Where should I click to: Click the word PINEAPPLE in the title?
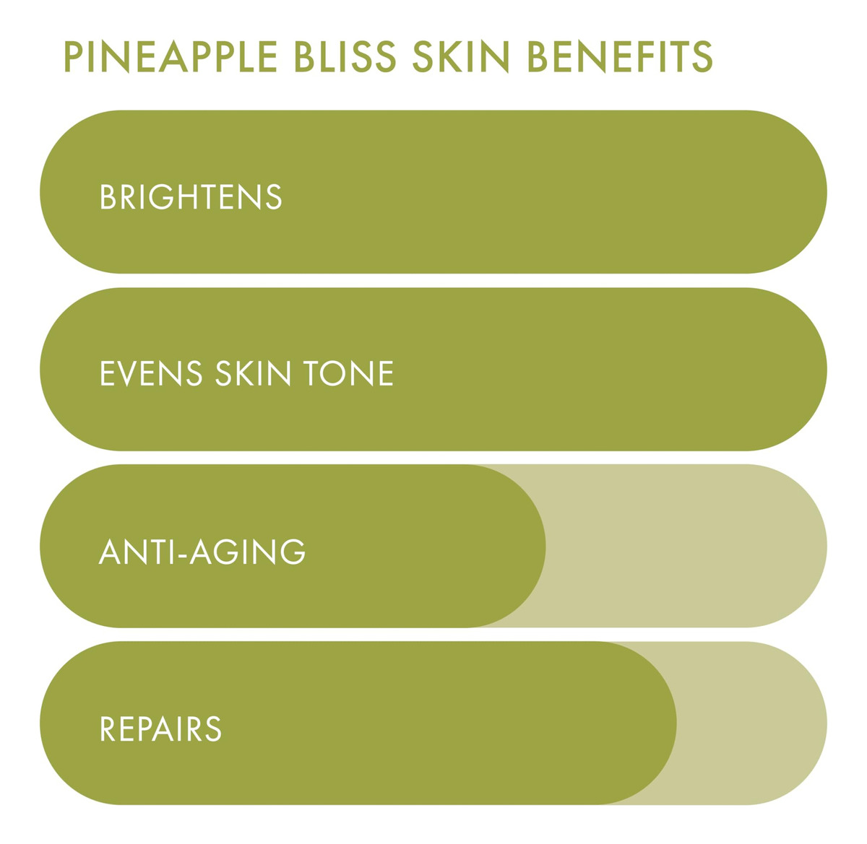click(171, 56)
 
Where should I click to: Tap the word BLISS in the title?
click(345, 56)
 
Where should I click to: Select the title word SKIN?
click(461, 56)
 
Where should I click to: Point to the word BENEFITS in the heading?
click(620, 56)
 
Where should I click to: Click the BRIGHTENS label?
click(191, 197)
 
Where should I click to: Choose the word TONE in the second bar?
click(348, 373)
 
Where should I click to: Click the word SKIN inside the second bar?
click(253, 373)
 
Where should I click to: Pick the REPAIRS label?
click(160, 728)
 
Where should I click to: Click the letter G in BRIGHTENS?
click(161, 197)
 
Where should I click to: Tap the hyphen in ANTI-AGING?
click(181, 554)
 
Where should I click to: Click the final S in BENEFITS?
click(702, 56)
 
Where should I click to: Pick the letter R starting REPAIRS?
click(108, 728)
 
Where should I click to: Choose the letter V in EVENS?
click(126, 373)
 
